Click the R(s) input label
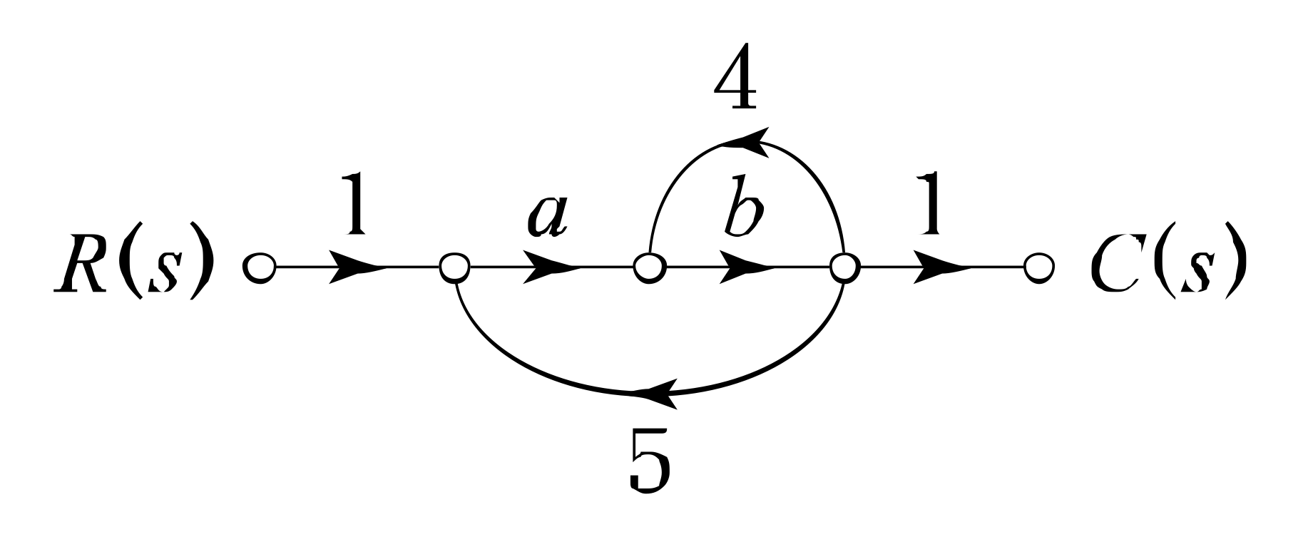[x=133, y=267]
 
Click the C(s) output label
[x=1167, y=267]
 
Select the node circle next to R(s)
[x=259, y=268]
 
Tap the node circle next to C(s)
[x=1039, y=268]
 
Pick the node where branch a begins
[x=454, y=268]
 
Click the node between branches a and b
[x=649, y=268]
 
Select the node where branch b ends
[x=844, y=268]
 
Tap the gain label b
[x=742, y=211]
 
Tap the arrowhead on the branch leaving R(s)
[x=356, y=268]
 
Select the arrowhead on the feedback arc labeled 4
[x=745, y=139]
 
